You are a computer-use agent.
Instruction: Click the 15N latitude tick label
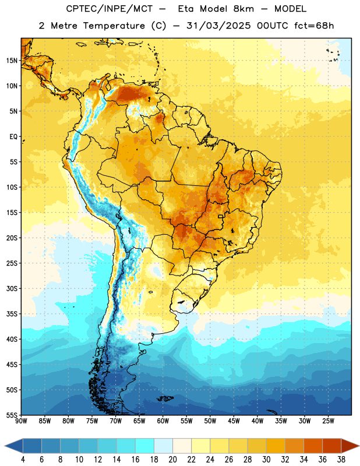[12, 61]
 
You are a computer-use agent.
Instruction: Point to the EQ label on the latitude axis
[13, 137]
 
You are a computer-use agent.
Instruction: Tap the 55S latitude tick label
[12, 415]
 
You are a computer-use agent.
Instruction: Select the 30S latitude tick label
[12, 288]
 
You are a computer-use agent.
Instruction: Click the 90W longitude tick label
[21, 421]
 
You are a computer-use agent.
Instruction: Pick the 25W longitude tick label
[328, 421]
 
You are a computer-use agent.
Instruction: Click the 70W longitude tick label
[116, 421]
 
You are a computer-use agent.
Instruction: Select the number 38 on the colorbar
[341, 460]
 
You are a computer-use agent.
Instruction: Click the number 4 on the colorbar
[23, 460]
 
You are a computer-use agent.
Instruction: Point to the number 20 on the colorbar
[172, 460]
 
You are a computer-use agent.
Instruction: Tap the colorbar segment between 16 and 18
[145, 446]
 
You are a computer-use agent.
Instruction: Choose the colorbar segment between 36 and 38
[332, 446]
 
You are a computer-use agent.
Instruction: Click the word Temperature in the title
[114, 26]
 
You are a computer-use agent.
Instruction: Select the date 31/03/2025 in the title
[218, 26]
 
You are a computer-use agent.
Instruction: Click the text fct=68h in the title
[314, 26]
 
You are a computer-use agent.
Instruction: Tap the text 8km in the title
[243, 9]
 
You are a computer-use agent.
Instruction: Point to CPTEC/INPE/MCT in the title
[110, 9]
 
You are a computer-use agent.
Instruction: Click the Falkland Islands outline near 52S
[165, 398]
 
